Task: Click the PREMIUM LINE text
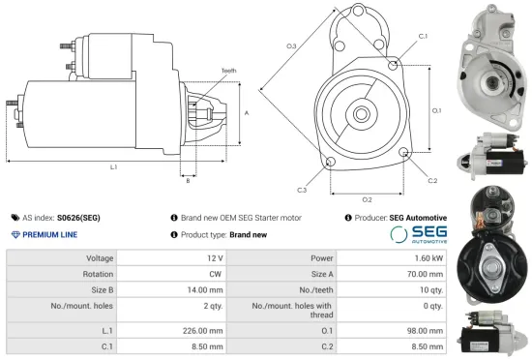click(49, 235)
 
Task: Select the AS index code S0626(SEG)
click(78, 218)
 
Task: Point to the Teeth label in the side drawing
click(228, 71)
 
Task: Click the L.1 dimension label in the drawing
click(113, 167)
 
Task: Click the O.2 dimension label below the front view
click(368, 198)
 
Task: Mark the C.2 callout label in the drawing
click(432, 181)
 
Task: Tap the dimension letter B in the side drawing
click(188, 180)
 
